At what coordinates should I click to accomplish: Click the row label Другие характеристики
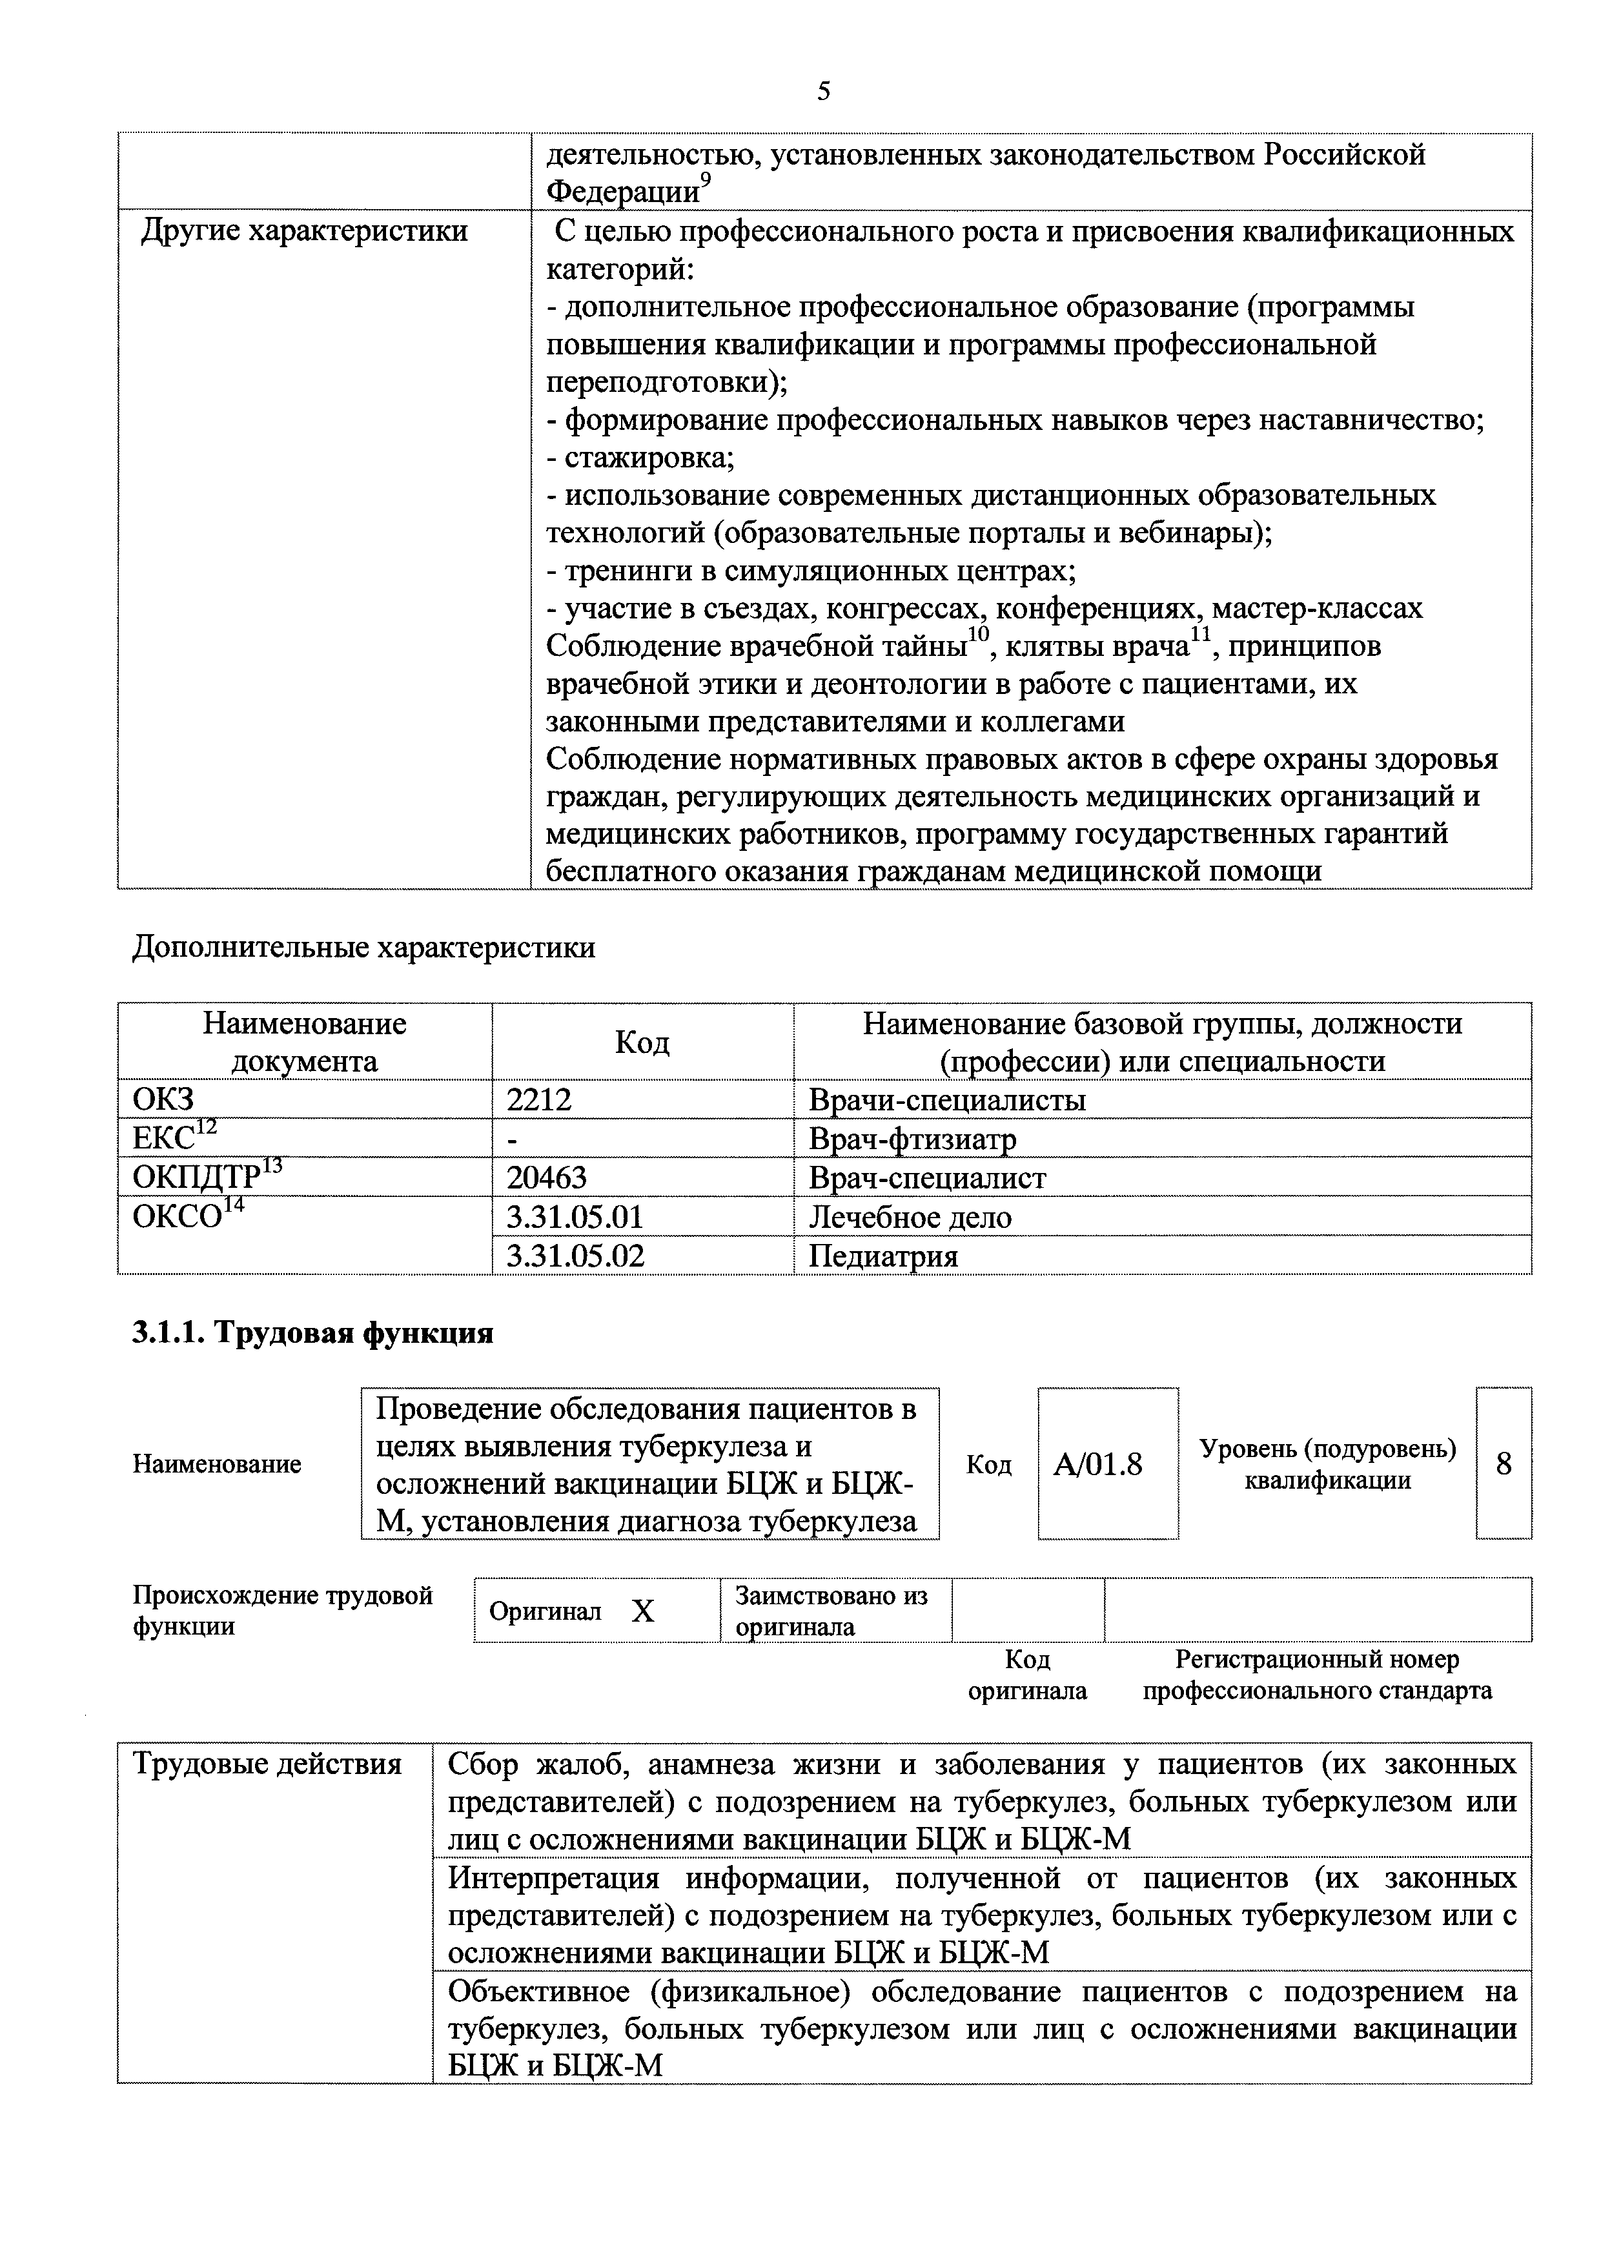[x=305, y=232]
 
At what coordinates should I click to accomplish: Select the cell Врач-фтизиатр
[x=912, y=1139]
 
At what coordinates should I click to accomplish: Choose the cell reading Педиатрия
[x=882, y=1256]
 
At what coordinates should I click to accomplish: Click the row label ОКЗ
[x=163, y=1099]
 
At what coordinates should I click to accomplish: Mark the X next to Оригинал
[x=643, y=1611]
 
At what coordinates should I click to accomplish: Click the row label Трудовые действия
[x=267, y=1764]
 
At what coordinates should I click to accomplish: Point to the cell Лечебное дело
[x=910, y=1217]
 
